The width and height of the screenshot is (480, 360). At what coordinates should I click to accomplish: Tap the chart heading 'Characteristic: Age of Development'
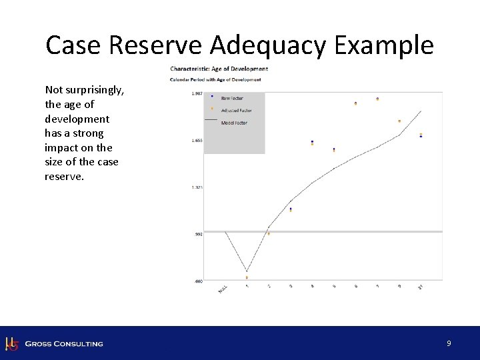(x=219, y=69)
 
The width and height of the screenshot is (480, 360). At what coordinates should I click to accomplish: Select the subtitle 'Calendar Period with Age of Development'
(x=215, y=79)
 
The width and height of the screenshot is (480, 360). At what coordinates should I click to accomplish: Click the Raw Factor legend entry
(x=231, y=98)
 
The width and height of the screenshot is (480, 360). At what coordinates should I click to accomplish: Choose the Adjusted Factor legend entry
(x=235, y=110)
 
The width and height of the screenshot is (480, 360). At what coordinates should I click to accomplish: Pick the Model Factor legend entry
(x=233, y=123)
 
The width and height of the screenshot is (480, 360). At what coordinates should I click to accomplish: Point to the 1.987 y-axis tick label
(x=197, y=93)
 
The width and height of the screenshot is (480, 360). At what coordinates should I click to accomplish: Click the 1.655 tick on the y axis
(x=197, y=141)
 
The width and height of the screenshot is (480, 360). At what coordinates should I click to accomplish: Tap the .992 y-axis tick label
(x=198, y=234)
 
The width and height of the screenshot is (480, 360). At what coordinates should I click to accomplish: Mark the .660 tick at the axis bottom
(x=198, y=281)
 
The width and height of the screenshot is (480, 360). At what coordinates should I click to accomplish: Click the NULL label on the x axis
(x=223, y=289)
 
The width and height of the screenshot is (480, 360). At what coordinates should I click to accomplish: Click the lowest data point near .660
(x=247, y=277)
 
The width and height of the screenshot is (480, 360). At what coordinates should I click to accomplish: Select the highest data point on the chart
(x=377, y=99)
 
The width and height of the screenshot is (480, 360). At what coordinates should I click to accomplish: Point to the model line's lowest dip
(x=247, y=271)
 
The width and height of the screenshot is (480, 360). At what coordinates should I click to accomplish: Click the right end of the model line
(x=421, y=111)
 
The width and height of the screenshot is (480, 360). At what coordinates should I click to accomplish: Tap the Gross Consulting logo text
(x=64, y=344)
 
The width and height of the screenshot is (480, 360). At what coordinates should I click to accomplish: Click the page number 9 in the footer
(x=449, y=343)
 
